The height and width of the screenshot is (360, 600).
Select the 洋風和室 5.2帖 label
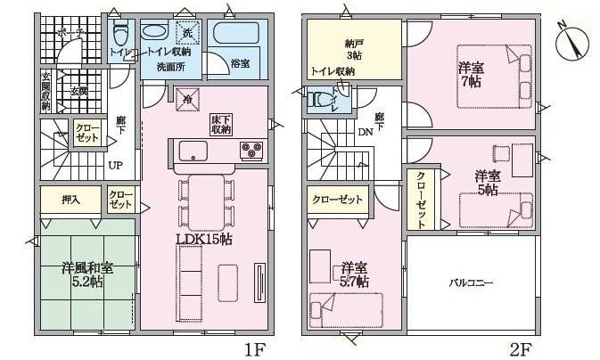tap(86, 274)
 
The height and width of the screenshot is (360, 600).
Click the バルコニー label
tap(470, 283)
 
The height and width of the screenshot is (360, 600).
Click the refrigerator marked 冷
tap(186, 101)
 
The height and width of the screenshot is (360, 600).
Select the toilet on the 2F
tap(320, 102)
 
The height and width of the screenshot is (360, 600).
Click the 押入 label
tap(70, 199)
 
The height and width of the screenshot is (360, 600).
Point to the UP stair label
tap(116, 166)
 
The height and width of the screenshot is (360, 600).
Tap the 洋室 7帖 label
tap(472, 72)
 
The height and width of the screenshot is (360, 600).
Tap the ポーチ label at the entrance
tap(69, 33)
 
